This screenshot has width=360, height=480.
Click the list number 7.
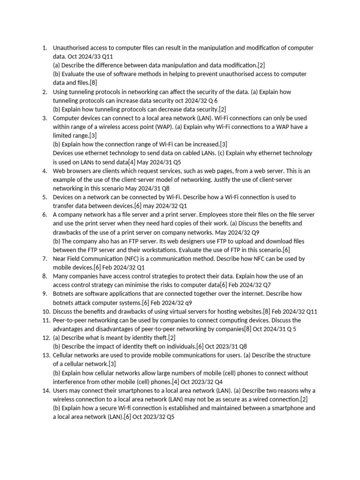[x=45, y=259]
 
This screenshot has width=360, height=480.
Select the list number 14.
[x=46, y=390]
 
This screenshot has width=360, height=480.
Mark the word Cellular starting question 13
[x=64, y=355]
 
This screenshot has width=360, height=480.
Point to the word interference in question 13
[x=69, y=382]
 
